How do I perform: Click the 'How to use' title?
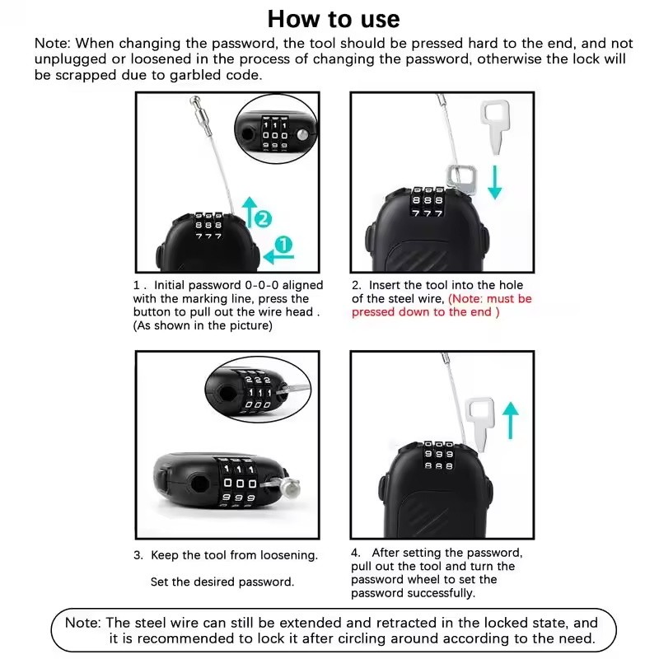(x=334, y=19)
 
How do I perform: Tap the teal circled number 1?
(x=283, y=245)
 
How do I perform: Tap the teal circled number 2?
(x=263, y=218)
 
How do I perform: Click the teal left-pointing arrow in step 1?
(x=278, y=256)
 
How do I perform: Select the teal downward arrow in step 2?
(x=495, y=182)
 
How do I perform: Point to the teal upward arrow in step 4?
(x=511, y=420)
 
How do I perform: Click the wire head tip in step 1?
(x=195, y=100)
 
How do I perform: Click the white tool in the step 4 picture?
(x=479, y=423)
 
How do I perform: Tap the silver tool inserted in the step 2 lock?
(x=462, y=180)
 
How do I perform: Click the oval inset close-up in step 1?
(x=276, y=129)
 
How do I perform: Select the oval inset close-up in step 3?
(x=258, y=389)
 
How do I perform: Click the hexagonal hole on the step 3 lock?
(x=200, y=484)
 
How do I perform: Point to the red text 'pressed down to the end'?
(x=422, y=312)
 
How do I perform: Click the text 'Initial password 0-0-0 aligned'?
(x=238, y=285)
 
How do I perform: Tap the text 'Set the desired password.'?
(x=222, y=582)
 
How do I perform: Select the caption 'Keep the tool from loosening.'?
(x=234, y=555)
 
